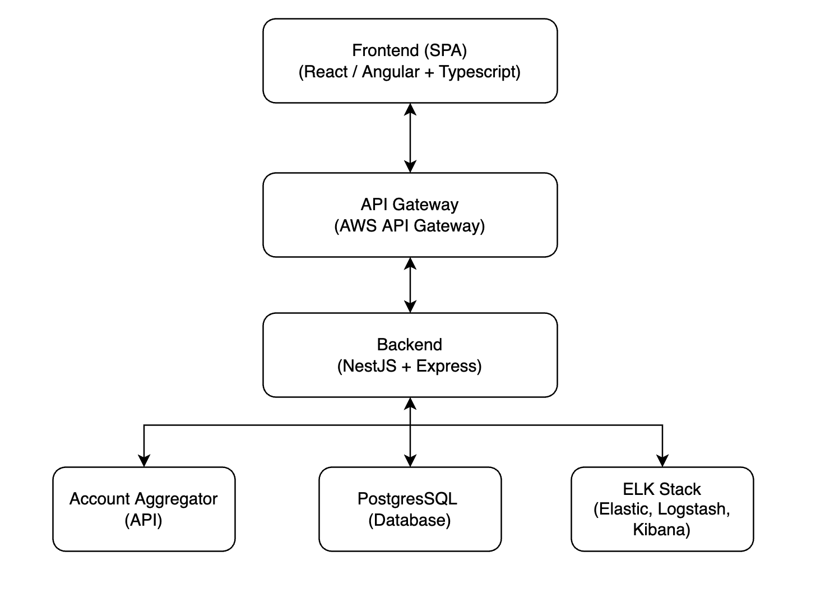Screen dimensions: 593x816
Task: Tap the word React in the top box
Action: pyautogui.click(x=326, y=72)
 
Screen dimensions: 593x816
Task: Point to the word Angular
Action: pyautogui.click(x=391, y=72)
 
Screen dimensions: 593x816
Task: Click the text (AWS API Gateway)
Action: pyautogui.click(x=410, y=226)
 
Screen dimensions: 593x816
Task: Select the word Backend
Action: pyautogui.click(x=410, y=344)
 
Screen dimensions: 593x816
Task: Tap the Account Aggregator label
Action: pyautogui.click(x=143, y=499)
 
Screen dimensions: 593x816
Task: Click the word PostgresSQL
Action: pyautogui.click(x=407, y=499)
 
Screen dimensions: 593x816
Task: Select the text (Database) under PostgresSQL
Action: pyautogui.click(x=410, y=520)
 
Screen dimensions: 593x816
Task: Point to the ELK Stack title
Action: pyautogui.click(x=662, y=489)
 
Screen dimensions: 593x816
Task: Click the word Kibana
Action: pyautogui.click(x=661, y=530)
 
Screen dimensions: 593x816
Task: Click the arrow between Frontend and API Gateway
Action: pyautogui.click(x=410, y=137)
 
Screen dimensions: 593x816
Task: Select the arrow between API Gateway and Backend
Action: pyautogui.click(x=410, y=285)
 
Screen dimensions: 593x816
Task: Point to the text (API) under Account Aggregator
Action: pyautogui.click(x=143, y=520)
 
